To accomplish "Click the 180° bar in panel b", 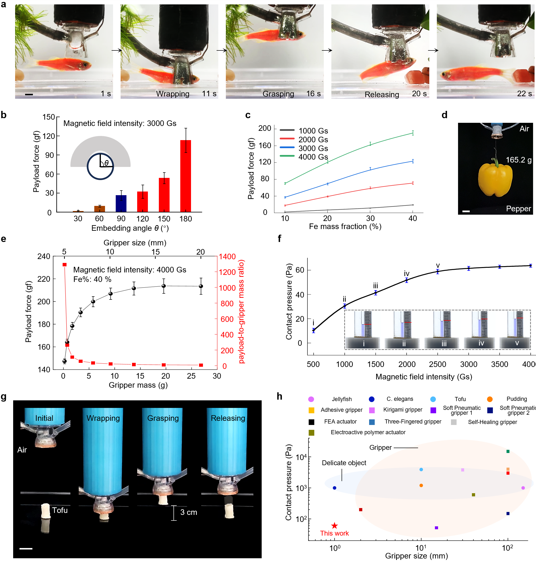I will [x=185, y=176].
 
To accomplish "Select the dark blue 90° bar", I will [x=121, y=203].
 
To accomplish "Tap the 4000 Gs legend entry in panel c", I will [x=313, y=157].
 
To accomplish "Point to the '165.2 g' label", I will [x=518, y=160].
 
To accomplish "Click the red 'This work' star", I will [x=334, y=526].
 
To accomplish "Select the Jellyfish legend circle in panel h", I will [x=311, y=399].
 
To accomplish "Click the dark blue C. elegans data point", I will [x=334, y=488].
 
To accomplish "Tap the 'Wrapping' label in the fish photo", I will [x=172, y=94].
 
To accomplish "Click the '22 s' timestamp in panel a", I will [x=524, y=94].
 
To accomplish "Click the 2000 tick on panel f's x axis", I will [x=407, y=364].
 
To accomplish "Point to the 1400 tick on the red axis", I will [x=227, y=257].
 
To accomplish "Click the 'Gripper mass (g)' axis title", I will [x=138, y=385].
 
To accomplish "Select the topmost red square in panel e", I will [x=65, y=265].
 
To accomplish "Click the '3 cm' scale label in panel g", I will [x=189, y=512].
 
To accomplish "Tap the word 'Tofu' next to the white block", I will [x=60, y=510].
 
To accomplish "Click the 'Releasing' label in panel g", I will [x=228, y=418].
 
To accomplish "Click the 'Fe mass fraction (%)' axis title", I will [x=345, y=227].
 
